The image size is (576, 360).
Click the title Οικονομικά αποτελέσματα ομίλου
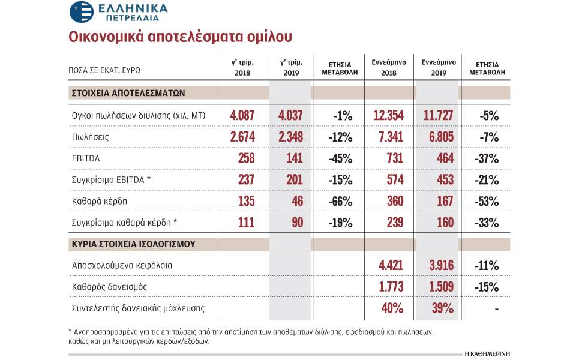click(180, 37)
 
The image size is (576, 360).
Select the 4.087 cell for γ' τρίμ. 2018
click(242, 115)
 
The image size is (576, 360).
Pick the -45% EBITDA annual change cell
click(340, 158)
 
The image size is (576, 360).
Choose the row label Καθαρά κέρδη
click(98, 201)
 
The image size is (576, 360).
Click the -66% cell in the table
click(340, 201)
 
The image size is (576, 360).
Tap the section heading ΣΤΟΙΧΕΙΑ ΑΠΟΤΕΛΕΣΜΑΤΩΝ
click(128, 93)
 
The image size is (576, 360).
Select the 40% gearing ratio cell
click(393, 308)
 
